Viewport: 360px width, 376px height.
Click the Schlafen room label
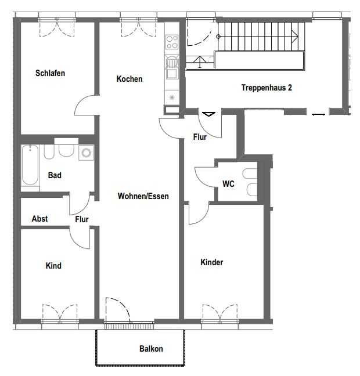pos(50,73)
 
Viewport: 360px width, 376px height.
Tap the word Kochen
pos(129,79)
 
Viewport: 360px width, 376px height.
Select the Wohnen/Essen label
pos(143,196)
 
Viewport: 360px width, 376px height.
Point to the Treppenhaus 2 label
pos(267,88)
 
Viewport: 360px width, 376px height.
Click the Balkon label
pos(151,348)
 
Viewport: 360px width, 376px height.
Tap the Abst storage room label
pos(39,219)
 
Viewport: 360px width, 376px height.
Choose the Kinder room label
pos(212,262)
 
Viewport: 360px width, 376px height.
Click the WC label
pos(228,184)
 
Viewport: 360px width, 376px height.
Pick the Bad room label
pos(55,175)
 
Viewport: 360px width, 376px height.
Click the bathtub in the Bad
pos(30,165)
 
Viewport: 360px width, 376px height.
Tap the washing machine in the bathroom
pos(86,153)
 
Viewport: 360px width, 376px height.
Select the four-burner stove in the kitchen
pos(172,42)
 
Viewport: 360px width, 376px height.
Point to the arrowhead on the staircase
pos(295,37)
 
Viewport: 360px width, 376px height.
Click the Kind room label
pos(53,266)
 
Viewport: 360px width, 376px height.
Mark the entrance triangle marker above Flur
pos(208,114)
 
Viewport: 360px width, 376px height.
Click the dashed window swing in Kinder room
pos(220,312)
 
